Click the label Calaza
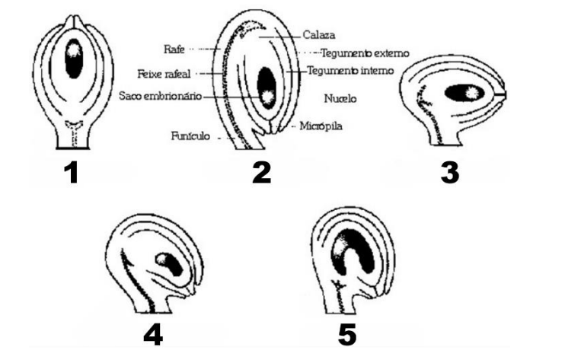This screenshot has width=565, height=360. (x=319, y=35)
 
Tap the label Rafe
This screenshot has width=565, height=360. (x=174, y=49)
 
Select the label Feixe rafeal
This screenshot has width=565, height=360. (x=164, y=74)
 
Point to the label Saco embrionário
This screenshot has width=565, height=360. (x=161, y=96)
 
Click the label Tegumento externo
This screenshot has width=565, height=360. (x=365, y=53)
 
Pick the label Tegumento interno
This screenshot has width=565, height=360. (x=350, y=71)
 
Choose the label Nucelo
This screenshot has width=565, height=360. (x=340, y=98)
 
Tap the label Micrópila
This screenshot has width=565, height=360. (x=321, y=126)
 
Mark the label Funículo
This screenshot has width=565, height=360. (x=190, y=136)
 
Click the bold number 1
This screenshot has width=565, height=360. (x=72, y=173)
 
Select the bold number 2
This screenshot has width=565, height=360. (x=262, y=173)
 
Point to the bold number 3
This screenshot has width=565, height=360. (x=450, y=173)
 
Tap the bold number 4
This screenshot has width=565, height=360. (x=153, y=335)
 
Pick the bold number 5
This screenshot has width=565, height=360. (x=347, y=335)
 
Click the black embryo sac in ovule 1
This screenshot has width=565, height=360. (x=74, y=59)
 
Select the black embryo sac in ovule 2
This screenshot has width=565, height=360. (x=267, y=88)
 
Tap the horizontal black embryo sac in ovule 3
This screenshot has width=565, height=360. (x=464, y=93)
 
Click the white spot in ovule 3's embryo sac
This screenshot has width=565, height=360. (x=471, y=94)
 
